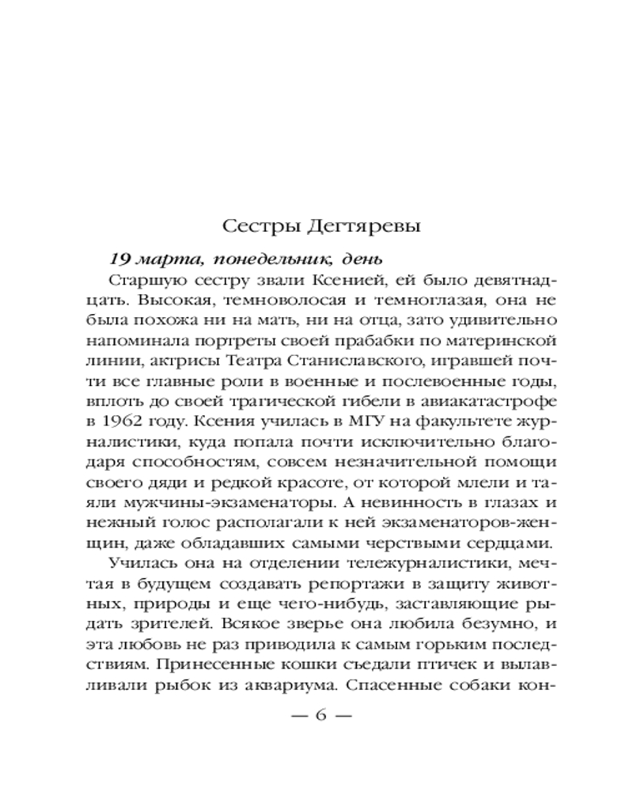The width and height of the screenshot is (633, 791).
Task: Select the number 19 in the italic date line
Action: [119, 259]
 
